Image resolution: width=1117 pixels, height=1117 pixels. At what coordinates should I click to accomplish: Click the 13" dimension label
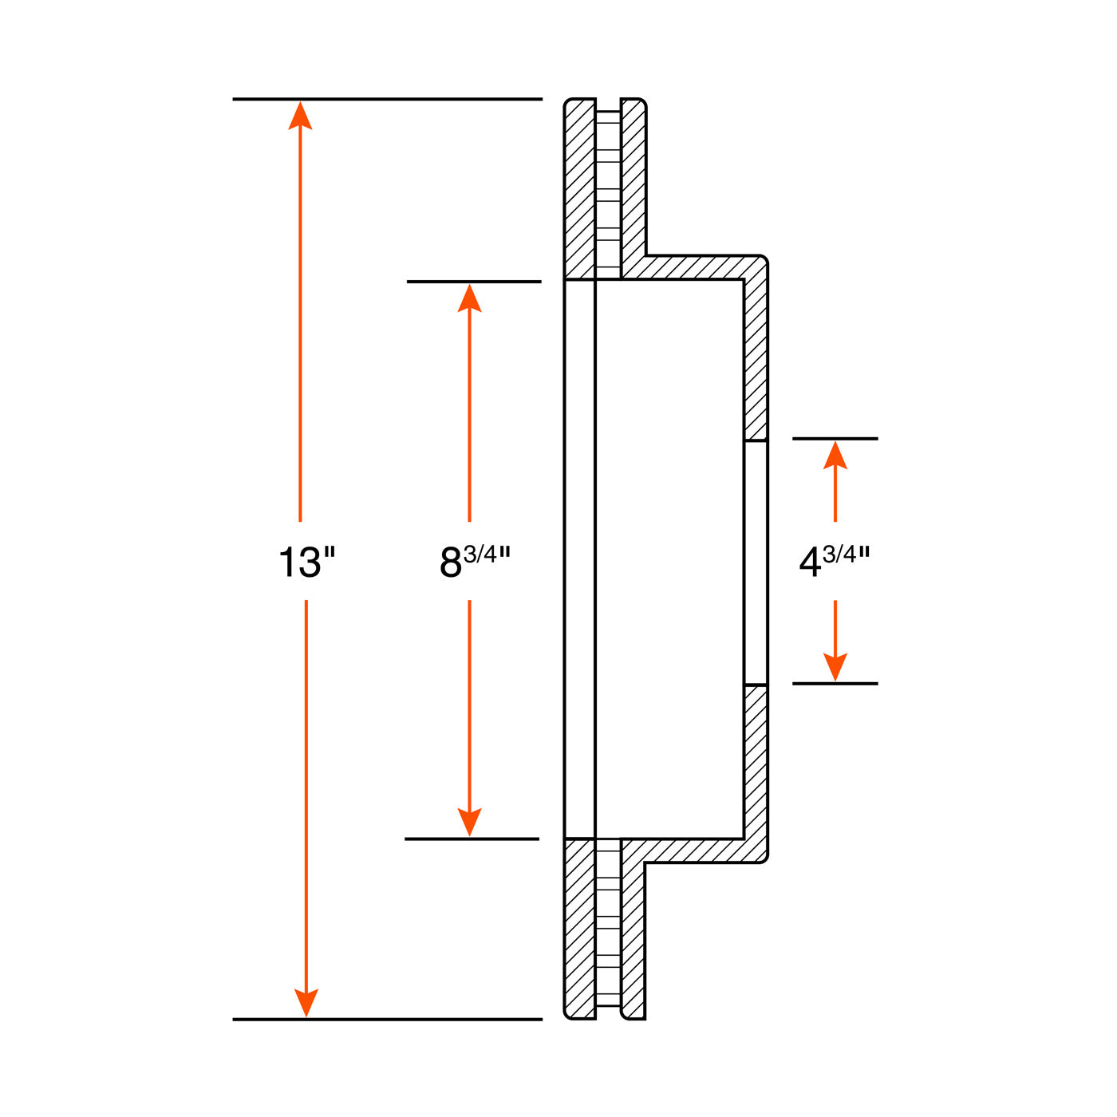[x=306, y=561]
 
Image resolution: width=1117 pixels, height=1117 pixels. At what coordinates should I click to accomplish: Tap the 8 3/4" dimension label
[x=475, y=561]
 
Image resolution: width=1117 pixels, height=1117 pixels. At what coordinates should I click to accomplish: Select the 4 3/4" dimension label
[x=834, y=561]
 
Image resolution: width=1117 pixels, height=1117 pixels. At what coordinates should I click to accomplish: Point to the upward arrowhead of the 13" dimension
[x=300, y=116]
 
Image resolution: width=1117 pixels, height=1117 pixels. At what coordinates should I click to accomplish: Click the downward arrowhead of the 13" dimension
[x=306, y=1002]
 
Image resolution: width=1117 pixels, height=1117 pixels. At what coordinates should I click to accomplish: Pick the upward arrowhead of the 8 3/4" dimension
[x=469, y=298]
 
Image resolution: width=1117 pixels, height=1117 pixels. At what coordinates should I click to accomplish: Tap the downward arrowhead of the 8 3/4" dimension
[x=469, y=822]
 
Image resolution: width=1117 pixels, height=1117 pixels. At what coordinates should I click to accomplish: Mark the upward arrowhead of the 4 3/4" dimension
[x=835, y=456]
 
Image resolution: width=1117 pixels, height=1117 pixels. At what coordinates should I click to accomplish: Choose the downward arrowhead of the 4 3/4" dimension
[x=835, y=666]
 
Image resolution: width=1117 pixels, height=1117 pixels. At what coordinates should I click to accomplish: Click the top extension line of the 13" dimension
[x=387, y=99]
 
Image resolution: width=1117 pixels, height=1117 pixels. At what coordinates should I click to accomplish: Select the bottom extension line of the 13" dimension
[x=387, y=1019]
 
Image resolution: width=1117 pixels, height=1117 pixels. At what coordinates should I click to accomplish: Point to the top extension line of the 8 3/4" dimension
[x=474, y=282]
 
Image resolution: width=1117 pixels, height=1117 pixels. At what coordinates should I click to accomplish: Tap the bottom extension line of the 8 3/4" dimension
[x=472, y=839]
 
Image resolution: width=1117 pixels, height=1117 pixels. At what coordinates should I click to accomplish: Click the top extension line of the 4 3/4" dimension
[x=835, y=439]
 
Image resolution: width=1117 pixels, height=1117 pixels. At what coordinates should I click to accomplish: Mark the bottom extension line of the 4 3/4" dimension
[x=835, y=684]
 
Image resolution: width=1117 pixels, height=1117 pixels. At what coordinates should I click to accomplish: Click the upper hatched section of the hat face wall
[x=756, y=359]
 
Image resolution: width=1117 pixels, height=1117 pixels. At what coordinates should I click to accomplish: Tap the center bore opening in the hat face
[x=756, y=562]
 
